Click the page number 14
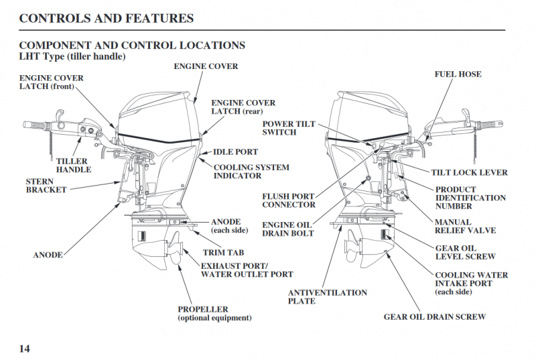click(24, 348)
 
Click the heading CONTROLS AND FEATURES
click(107, 18)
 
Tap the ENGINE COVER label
click(206, 66)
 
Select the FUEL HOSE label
click(458, 74)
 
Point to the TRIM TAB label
click(224, 253)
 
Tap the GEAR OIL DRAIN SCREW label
click(434, 316)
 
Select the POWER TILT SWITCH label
click(288, 128)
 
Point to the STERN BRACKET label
click(46, 186)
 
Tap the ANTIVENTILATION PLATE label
click(327, 297)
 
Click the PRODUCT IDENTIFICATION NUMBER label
click(470, 198)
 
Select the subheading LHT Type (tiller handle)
click(72, 56)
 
